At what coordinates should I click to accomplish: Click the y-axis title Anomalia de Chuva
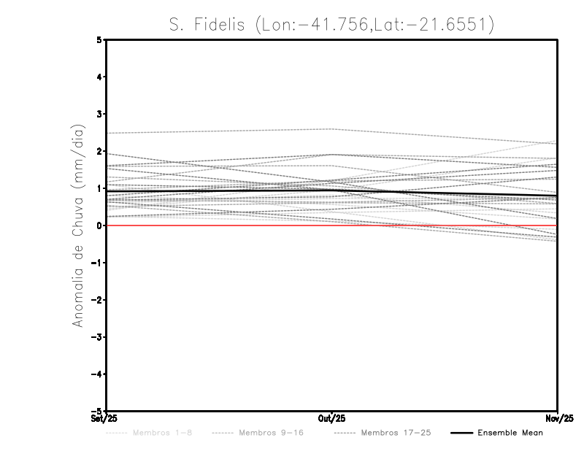point(77,225)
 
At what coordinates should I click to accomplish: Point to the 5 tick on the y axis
point(99,40)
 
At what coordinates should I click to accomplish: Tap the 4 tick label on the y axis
point(99,77)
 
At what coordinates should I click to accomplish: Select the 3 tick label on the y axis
point(99,115)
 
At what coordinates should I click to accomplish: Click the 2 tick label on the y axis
point(99,152)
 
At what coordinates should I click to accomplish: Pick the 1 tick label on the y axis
point(99,189)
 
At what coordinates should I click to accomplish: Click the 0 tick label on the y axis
point(99,225)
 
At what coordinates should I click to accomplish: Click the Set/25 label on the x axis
point(105,419)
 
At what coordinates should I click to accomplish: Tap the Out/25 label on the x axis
point(332,419)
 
